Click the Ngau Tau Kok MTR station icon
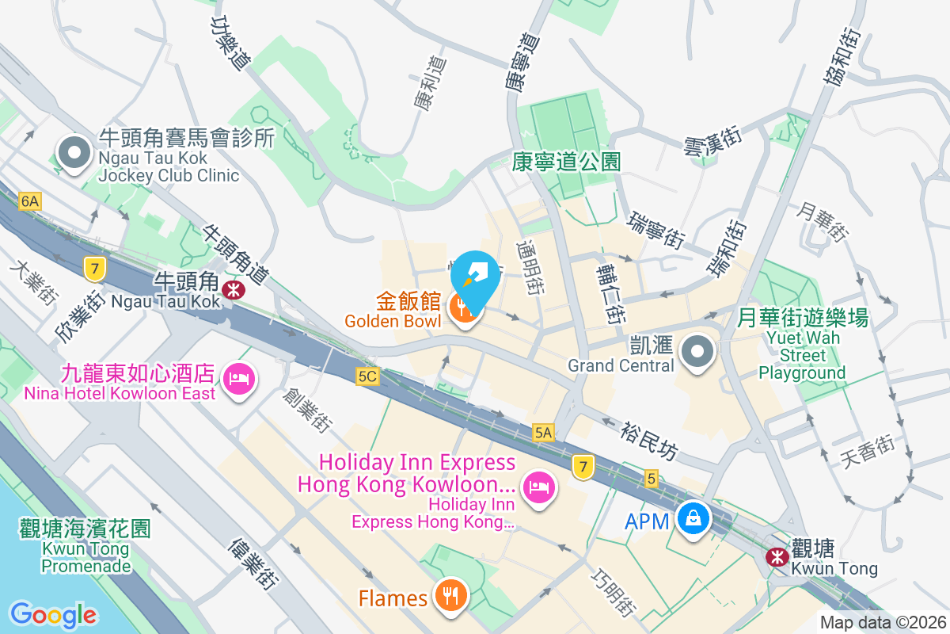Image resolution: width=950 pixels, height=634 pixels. (234, 290)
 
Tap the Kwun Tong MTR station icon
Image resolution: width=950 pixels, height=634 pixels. (777, 557)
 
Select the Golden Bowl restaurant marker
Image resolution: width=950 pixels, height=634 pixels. (462, 309)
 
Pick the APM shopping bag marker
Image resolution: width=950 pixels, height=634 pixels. (693, 520)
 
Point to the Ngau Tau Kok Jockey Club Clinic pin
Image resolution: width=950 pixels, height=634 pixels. (74, 153)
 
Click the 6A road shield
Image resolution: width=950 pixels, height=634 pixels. (30, 201)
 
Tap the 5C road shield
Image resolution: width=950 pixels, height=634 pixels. (367, 377)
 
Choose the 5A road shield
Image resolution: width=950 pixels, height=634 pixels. (543, 433)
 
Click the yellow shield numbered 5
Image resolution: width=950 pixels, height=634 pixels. (652, 479)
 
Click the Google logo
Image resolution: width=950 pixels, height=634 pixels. (54, 614)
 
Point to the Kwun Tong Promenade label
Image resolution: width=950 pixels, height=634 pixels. (85, 547)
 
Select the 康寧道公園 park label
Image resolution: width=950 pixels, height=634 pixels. (565, 162)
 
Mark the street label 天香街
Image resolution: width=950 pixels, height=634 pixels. (868, 453)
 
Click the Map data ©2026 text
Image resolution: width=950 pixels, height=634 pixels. (882, 623)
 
